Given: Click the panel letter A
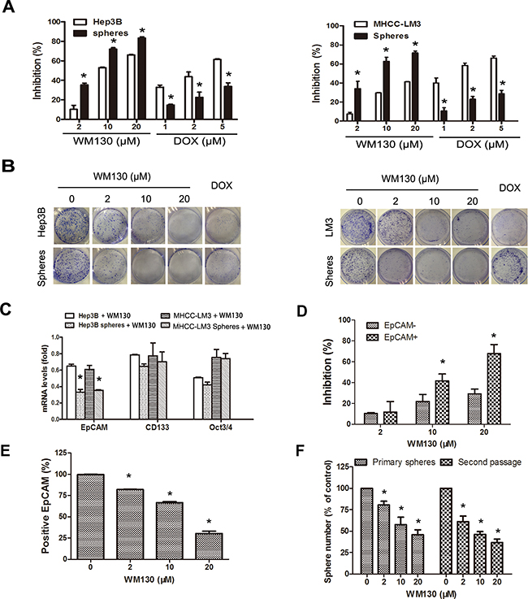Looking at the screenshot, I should [x=9, y=9].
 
